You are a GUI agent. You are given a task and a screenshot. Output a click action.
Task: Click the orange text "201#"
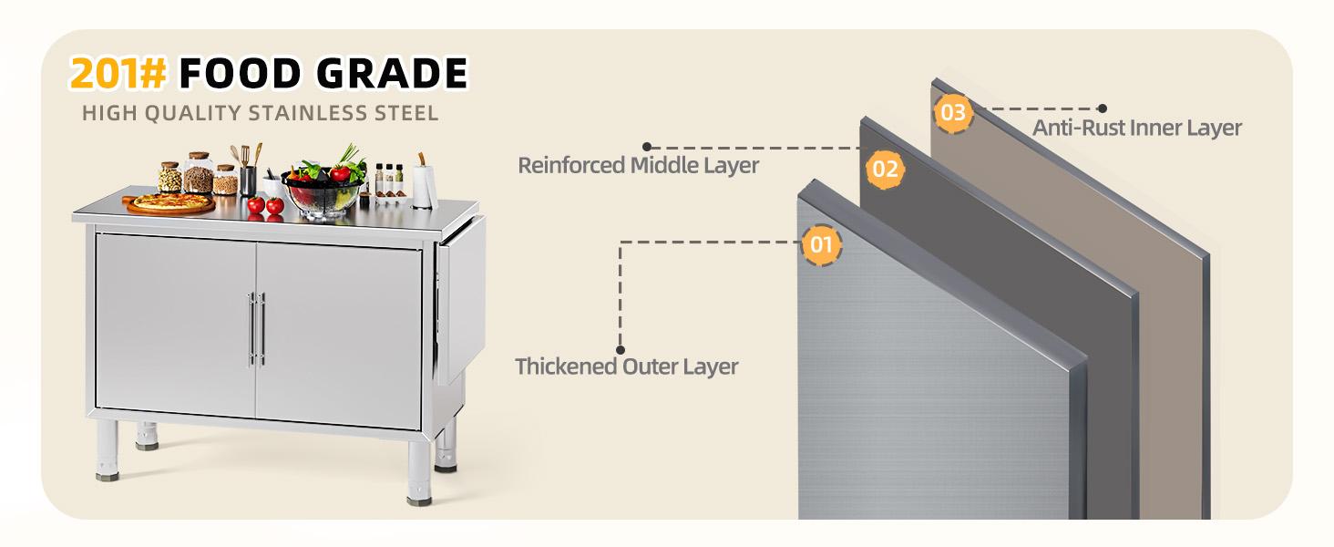point(118,73)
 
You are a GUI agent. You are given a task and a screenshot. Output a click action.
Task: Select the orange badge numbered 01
point(821,244)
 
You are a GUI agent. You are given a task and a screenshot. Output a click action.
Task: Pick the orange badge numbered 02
point(886,169)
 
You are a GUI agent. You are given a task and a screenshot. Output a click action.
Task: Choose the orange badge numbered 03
point(953,113)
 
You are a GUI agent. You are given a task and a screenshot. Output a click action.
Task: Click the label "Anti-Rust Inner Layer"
point(1136,128)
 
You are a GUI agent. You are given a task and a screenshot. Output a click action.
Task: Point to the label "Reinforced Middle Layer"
point(638,165)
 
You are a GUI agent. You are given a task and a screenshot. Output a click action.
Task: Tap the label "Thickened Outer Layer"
point(626,366)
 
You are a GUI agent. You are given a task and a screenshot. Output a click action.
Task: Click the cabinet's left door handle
point(251,328)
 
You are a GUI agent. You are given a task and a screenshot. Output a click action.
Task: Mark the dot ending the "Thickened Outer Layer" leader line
point(621,349)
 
